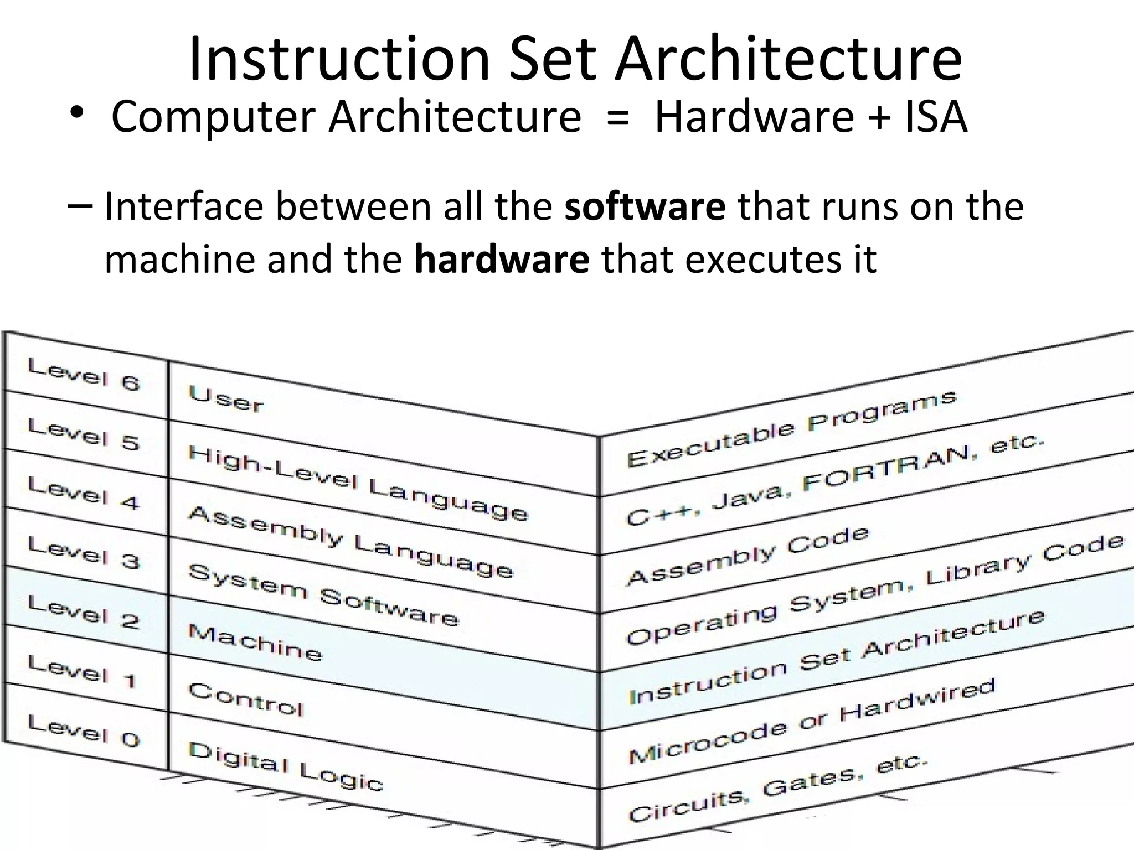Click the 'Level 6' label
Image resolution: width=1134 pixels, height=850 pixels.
click(x=84, y=375)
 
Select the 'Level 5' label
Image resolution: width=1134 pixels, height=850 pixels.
click(x=84, y=434)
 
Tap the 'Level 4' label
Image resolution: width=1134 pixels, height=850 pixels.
click(x=84, y=493)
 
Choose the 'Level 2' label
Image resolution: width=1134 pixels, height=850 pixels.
click(x=84, y=611)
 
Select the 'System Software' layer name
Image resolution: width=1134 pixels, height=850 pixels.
click(x=324, y=595)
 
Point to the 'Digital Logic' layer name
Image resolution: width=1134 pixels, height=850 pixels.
click(x=286, y=767)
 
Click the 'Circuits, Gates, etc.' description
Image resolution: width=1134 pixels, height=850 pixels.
click(x=778, y=788)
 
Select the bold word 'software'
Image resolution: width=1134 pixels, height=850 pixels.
click(x=645, y=206)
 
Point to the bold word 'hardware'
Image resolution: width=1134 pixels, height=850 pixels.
click(x=502, y=258)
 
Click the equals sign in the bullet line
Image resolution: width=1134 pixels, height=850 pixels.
click(x=617, y=117)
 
